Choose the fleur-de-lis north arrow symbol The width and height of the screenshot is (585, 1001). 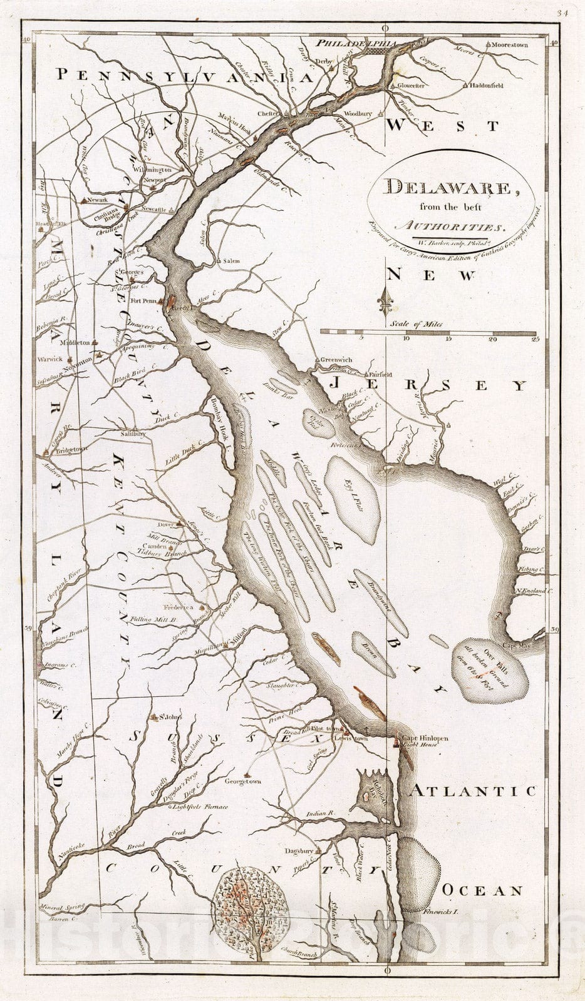(387, 302)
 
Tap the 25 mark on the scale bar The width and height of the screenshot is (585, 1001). (534, 339)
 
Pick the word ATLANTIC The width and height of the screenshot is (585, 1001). (473, 791)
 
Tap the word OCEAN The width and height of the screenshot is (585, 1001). (482, 890)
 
